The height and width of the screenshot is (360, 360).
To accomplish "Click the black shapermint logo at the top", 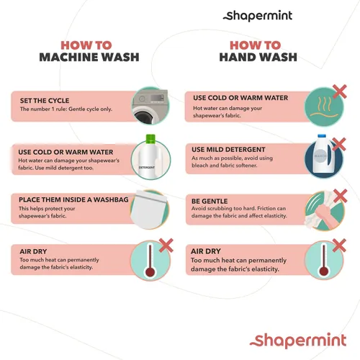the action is pos(258,16).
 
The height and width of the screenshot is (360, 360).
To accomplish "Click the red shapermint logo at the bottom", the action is pos(298,341).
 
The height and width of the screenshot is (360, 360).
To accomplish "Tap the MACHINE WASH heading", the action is pos(89,57).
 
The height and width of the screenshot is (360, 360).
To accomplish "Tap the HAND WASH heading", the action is pos(258,57).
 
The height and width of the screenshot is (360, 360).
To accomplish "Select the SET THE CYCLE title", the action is pos(45,101).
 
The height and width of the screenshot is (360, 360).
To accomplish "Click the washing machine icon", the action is pos(150,106).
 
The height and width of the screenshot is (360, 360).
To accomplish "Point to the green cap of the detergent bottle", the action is pos(150,138).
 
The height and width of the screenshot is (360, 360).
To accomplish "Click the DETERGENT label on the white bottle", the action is pos(147,167).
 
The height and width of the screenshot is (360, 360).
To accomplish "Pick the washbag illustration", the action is pos(149,210).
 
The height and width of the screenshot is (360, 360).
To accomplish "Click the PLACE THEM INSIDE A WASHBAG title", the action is pos(73,199).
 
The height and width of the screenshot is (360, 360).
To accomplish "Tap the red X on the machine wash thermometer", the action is pos(166,246).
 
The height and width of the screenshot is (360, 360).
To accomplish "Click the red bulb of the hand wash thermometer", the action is pos(324,271).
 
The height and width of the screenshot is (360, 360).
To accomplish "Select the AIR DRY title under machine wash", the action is pos(33,251).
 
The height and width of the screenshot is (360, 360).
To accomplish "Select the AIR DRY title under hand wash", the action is pos(206,251).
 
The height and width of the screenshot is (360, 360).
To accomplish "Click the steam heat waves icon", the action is pos(324,107).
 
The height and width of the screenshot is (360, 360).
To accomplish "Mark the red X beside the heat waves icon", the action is pos(340,91).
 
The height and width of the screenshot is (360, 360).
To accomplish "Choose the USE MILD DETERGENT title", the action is pos(228,150).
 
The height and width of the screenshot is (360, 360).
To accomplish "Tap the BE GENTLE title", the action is pos(210,201).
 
